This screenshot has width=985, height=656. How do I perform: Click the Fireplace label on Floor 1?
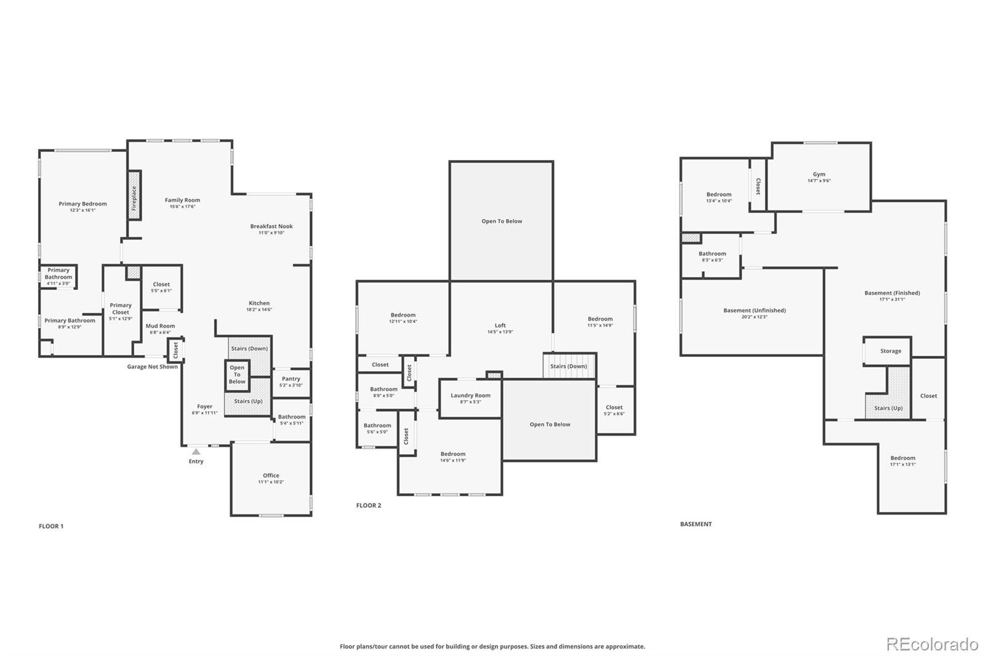pos(134,195)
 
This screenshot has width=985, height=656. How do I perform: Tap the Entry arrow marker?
pos(196,452)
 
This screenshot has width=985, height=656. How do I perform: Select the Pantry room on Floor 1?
pos(291,382)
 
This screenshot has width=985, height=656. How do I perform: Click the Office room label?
pos(271,475)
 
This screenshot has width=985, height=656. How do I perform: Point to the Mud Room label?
pos(160,326)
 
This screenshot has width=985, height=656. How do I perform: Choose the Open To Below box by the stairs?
pos(237,375)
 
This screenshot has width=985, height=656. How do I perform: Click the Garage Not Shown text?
pos(152,367)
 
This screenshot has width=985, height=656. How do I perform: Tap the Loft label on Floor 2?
pos(500,326)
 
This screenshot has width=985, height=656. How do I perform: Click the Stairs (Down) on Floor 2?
pos(569,366)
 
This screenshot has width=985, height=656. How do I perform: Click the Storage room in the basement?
pos(890,351)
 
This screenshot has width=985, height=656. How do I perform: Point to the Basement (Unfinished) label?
pos(754,311)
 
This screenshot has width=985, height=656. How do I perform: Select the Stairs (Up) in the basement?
pos(888,408)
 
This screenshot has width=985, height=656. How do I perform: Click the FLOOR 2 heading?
pos(369,506)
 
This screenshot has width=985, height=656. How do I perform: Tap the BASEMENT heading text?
pos(696,524)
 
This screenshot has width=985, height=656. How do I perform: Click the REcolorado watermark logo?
pos(931,644)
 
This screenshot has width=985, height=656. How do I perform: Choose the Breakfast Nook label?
pos(271,226)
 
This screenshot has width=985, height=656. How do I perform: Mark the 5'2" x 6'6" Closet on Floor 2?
pos(614,410)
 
